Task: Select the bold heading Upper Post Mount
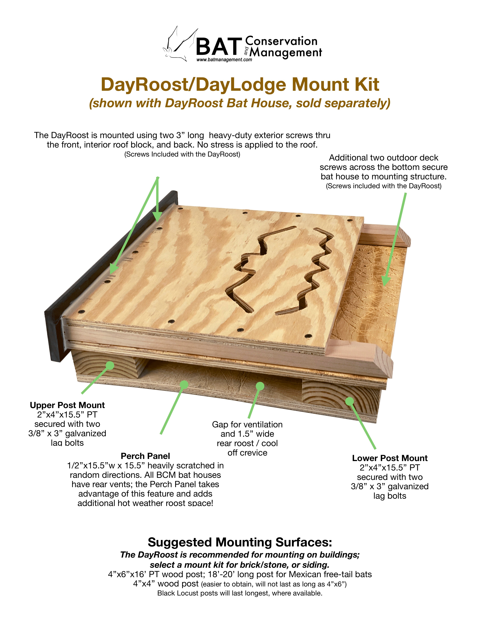point(67,405)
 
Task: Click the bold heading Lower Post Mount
point(390,458)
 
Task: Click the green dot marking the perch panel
point(184,385)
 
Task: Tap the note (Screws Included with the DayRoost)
point(182,154)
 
